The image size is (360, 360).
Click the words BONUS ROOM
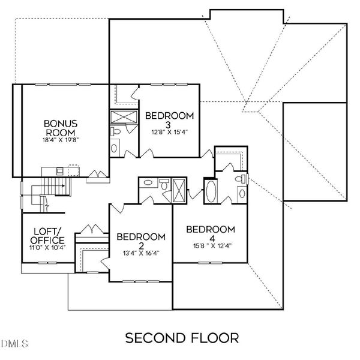click(x=59, y=128)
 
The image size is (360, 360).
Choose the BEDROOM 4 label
click(x=209, y=234)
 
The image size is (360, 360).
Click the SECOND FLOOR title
click(x=182, y=338)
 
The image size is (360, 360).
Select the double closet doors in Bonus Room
click(x=95, y=175)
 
